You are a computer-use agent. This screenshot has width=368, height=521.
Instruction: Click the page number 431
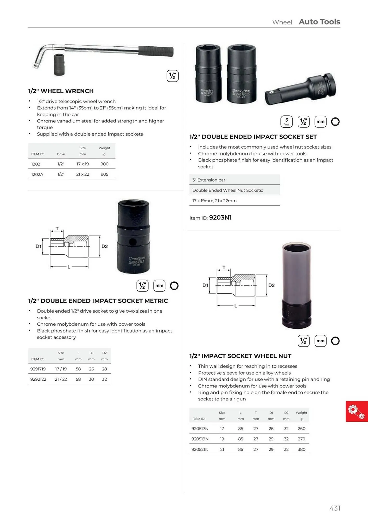pos(335,508)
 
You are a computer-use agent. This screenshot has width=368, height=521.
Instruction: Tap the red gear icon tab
pos(357,411)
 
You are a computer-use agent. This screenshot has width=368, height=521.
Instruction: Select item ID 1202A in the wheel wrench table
pos(37,174)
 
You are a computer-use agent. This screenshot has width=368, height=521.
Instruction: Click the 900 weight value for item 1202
pos(104,164)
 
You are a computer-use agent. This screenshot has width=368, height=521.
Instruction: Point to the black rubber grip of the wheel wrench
pos(156,51)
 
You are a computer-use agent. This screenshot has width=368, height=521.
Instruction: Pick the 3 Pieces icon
pos(287,122)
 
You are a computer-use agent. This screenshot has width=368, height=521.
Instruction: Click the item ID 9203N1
pos(220,218)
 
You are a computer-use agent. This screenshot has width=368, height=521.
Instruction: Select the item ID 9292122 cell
pos(38,379)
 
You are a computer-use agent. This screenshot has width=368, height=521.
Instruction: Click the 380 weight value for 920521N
pos(301,449)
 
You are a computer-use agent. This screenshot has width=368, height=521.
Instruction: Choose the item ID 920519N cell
pos(200,439)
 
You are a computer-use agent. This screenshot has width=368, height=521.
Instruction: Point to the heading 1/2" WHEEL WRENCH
pos(61,91)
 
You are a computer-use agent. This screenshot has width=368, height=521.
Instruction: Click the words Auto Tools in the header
pos(319,22)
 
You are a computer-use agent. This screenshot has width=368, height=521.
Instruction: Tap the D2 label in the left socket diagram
pos(105,246)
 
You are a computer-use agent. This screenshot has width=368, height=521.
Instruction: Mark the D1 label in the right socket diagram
pos(205,286)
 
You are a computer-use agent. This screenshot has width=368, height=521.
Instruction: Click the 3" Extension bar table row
pos(234,180)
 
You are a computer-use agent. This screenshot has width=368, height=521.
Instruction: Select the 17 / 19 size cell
pos(61,369)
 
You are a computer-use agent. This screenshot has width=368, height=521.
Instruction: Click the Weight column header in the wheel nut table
pos(301,413)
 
